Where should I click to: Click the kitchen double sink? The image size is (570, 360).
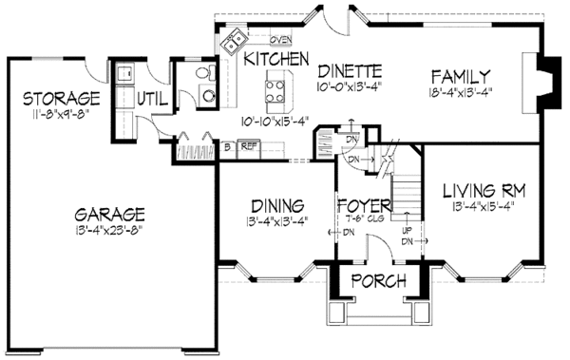234,41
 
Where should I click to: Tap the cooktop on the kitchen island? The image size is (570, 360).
275,90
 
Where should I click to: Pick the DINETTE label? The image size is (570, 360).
350,70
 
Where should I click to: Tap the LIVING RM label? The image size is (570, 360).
484,190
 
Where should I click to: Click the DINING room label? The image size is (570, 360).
277,206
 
